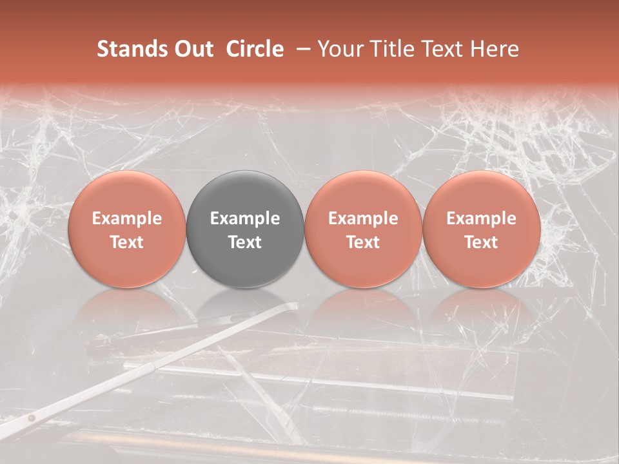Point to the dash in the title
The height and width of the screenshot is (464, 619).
(301, 49)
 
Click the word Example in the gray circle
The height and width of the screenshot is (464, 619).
(245, 218)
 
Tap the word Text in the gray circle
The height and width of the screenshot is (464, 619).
(245, 242)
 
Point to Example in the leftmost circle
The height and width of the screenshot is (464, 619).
(127, 218)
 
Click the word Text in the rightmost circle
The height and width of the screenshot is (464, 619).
(482, 242)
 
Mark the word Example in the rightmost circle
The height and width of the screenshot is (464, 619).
(482, 218)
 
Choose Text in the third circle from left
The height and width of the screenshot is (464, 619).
(363, 242)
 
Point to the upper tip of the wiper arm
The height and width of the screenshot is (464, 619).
(295, 305)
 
